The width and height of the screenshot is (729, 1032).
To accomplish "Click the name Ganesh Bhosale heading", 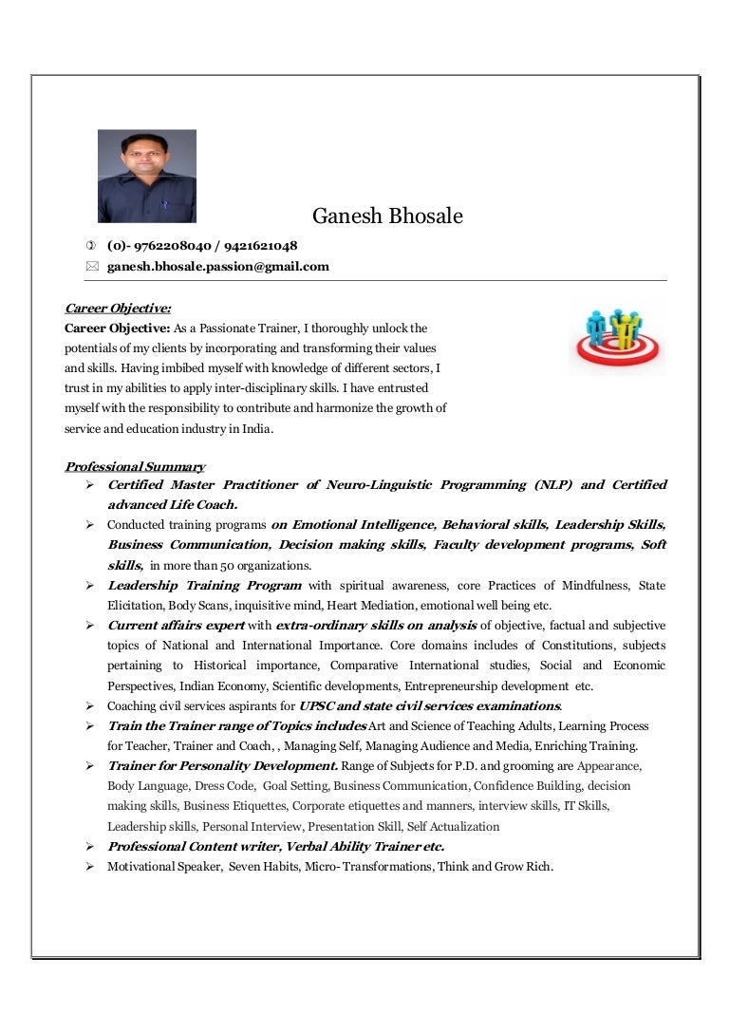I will (x=387, y=216).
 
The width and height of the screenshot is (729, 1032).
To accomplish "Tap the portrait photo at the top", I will (x=147, y=177).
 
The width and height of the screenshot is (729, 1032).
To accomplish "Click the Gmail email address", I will (x=218, y=267).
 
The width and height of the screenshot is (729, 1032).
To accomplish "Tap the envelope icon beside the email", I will (x=91, y=267).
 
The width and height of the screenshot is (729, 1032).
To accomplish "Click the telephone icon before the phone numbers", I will (x=91, y=246).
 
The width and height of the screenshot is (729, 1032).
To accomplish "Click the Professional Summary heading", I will (x=134, y=466).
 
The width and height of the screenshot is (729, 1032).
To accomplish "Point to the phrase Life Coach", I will (x=203, y=505).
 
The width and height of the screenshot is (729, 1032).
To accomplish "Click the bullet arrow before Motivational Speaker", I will (x=88, y=866).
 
